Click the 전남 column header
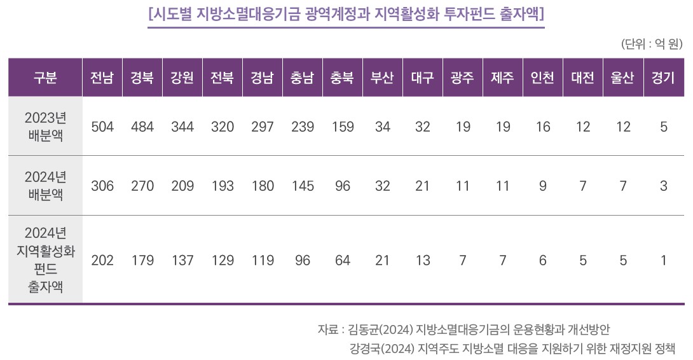point(102,78)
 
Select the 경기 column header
point(663,78)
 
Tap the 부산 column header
point(383,78)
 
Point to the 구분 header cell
point(45,78)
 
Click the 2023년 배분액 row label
point(45,127)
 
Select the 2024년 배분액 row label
point(45,186)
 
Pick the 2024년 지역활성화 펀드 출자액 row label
point(45,260)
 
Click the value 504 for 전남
point(102,127)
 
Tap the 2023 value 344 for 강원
point(182,127)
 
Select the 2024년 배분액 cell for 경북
point(142,186)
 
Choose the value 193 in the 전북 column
point(223,186)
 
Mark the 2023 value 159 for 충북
point(343,127)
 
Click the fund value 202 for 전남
point(102,260)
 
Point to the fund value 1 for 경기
point(663,260)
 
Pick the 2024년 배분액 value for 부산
point(383,186)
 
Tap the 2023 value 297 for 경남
point(263,127)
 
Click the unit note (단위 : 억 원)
point(652,44)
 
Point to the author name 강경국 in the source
point(365,349)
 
